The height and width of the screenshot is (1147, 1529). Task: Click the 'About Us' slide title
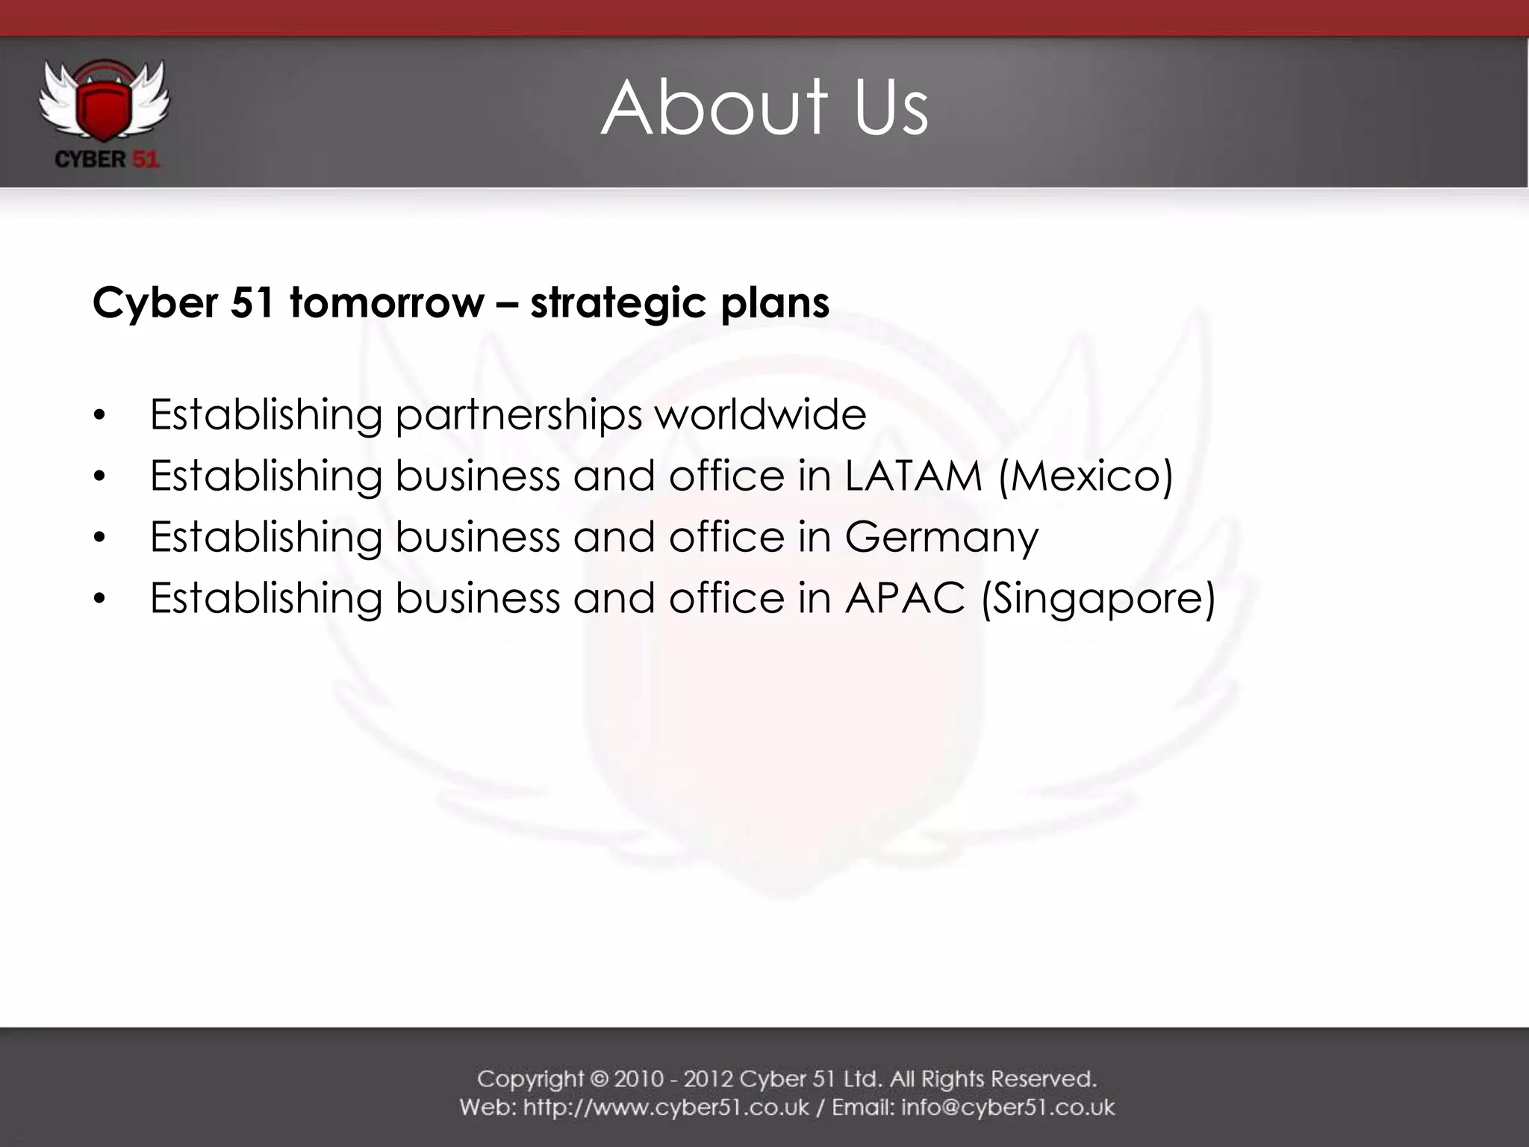click(764, 108)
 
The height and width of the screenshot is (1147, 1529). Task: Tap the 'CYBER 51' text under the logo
click(107, 159)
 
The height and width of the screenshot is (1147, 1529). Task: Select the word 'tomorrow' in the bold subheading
click(387, 303)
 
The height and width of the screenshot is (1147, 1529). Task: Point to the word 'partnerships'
click(518, 415)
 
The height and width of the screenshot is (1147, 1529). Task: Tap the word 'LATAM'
click(913, 476)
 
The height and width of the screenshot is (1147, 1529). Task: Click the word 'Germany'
click(941, 538)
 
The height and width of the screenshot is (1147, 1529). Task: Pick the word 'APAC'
click(905, 598)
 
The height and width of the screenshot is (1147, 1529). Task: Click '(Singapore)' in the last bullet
click(1098, 599)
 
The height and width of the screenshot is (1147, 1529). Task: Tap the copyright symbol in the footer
click(599, 1079)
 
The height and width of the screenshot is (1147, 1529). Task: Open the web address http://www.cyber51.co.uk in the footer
click(665, 1107)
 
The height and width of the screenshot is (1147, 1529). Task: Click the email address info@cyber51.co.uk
click(1008, 1107)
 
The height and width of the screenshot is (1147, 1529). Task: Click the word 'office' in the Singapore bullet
click(726, 598)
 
